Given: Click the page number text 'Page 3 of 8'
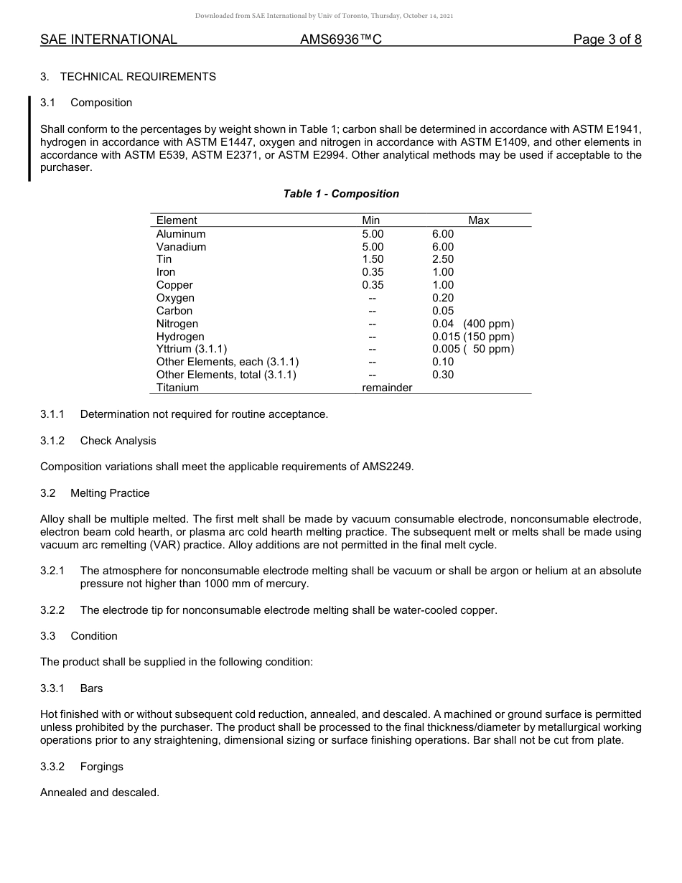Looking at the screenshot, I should pos(607,40).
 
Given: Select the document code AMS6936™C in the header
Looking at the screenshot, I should pos(340,40).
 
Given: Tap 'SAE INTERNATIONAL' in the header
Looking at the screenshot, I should pos(108,40).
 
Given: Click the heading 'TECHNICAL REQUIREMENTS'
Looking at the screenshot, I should pos(138,77).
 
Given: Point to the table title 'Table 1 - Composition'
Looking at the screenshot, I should pos(341,194).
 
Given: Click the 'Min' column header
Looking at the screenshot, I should pos(371,220).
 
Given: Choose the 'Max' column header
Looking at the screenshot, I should pos(479,220).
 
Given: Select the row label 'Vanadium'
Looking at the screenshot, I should pos(181,247).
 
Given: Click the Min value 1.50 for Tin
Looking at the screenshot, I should pos(373,259).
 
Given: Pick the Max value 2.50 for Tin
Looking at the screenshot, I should pos(443,259).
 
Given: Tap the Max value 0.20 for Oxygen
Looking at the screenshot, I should pos(443,298).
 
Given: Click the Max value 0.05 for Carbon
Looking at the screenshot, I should pos(443,311).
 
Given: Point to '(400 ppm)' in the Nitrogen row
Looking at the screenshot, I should pos(489,324).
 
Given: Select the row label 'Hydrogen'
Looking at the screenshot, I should pos(180,337).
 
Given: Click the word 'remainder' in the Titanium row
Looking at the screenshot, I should pos(387,388).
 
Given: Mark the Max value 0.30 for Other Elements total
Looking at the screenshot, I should pos(443,375).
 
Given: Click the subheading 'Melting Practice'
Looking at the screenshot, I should pos(110,493).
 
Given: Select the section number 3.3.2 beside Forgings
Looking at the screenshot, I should pos(52,767).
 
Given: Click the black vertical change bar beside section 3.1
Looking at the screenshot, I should pos(29,139).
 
